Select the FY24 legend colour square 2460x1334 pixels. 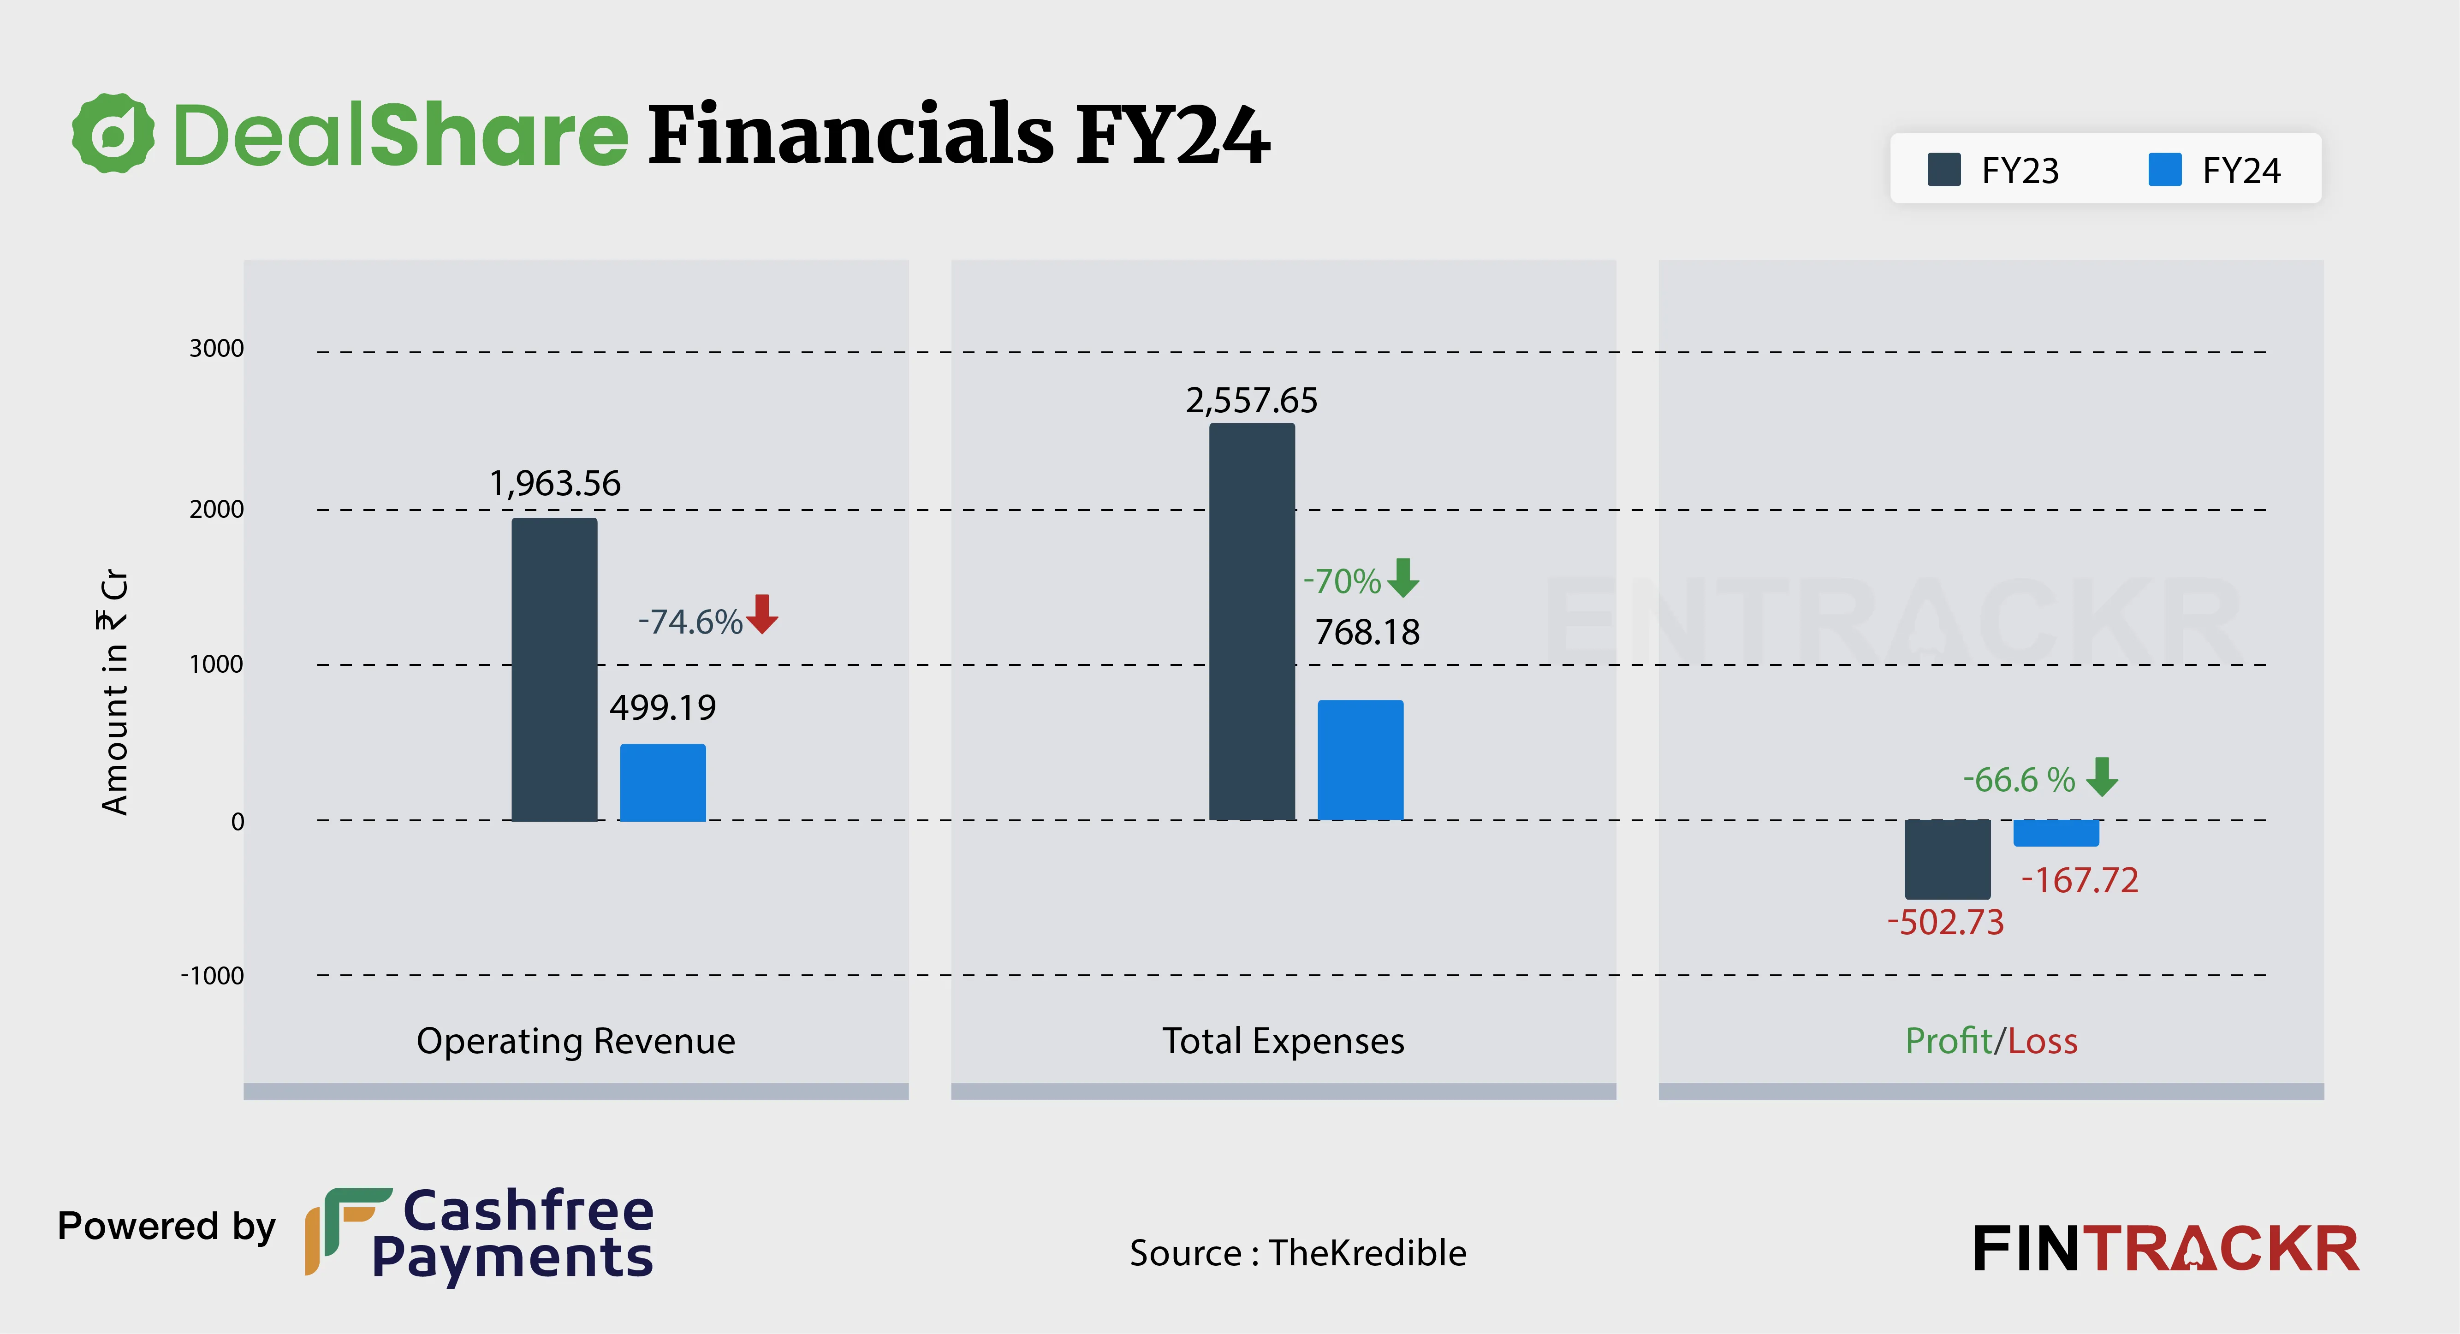(x=2165, y=170)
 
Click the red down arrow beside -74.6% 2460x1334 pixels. (x=762, y=614)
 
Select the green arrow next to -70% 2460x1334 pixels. (x=1403, y=578)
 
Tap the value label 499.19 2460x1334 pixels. (x=663, y=708)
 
